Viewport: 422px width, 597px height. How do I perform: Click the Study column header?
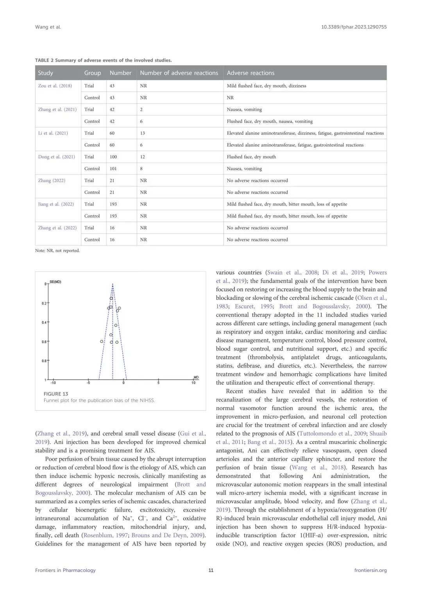click(x=45, y=73)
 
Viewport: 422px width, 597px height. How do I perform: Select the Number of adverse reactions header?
click(x=179, y=73)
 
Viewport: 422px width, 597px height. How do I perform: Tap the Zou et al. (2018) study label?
click(x=55, y=86)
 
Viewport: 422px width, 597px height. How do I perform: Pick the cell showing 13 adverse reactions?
click(x=143, y=133)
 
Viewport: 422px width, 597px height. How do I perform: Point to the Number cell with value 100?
click(x=113, y=157)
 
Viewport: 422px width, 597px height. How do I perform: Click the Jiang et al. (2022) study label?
click(x=56, y=204)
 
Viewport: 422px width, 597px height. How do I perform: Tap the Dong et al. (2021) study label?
click(x=57, y=157)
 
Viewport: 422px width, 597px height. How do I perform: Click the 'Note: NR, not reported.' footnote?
click(x=57, y=251)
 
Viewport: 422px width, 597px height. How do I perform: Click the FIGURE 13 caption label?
click(x=56, y=394)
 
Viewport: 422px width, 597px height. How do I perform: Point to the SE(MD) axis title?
click(x=55, y=282)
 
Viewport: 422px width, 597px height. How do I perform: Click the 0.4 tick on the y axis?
click(x=44, y=323)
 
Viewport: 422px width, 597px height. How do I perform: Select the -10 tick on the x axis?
click(x=53, y=383)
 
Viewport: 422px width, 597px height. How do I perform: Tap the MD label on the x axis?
click(x=196, y=377)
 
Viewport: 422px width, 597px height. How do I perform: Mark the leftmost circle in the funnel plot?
click(x=102, y=341)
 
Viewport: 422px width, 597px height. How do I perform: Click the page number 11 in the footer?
click(x=211, y=570)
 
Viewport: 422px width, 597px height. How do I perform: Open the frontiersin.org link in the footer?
click(x=370, y=570)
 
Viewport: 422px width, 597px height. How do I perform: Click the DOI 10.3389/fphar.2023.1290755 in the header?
click(x=354, y=27)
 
